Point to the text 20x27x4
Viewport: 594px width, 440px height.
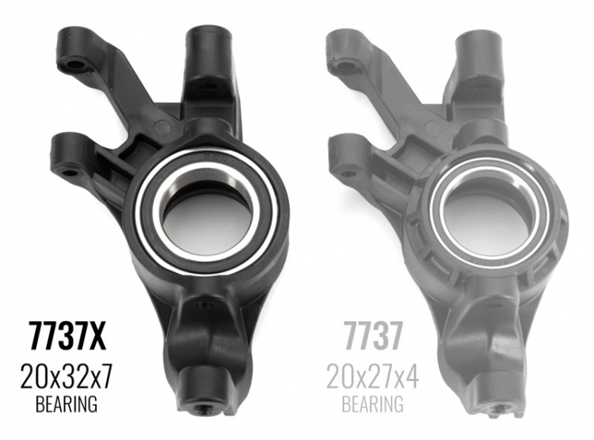[x=372, y=375]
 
